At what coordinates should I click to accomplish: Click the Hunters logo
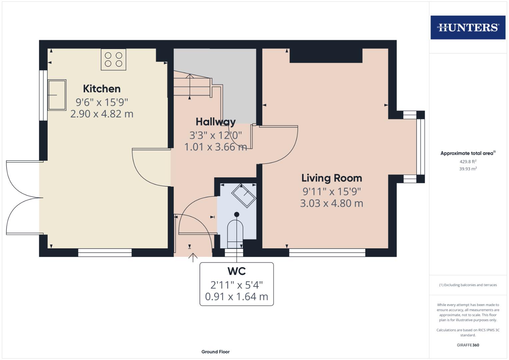[468, 27]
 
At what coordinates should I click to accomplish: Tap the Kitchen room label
[102, 89]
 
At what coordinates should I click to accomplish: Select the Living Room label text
[332, 178]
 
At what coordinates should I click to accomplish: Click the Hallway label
[215, 122]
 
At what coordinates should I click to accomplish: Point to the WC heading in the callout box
[237, 271]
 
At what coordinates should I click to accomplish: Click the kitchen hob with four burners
[114, 60]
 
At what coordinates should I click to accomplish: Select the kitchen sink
[57, 95]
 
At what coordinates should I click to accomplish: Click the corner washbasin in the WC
[244, 195]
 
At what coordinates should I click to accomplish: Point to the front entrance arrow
[193, 257]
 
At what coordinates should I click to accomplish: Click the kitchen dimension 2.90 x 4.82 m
[102, 114]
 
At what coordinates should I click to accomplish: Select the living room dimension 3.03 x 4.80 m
[332, 203]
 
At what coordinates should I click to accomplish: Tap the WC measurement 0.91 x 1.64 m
[237, 297]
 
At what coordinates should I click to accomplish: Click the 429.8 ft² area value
[468, 161]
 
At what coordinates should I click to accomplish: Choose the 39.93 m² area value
[468, 169]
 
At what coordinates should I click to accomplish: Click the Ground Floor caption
[215, 352]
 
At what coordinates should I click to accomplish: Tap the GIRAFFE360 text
[468, 345]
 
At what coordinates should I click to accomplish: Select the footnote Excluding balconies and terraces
[468, 285]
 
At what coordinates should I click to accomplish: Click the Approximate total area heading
[467, 153]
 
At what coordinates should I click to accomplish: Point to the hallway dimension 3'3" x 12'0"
[215, 135]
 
